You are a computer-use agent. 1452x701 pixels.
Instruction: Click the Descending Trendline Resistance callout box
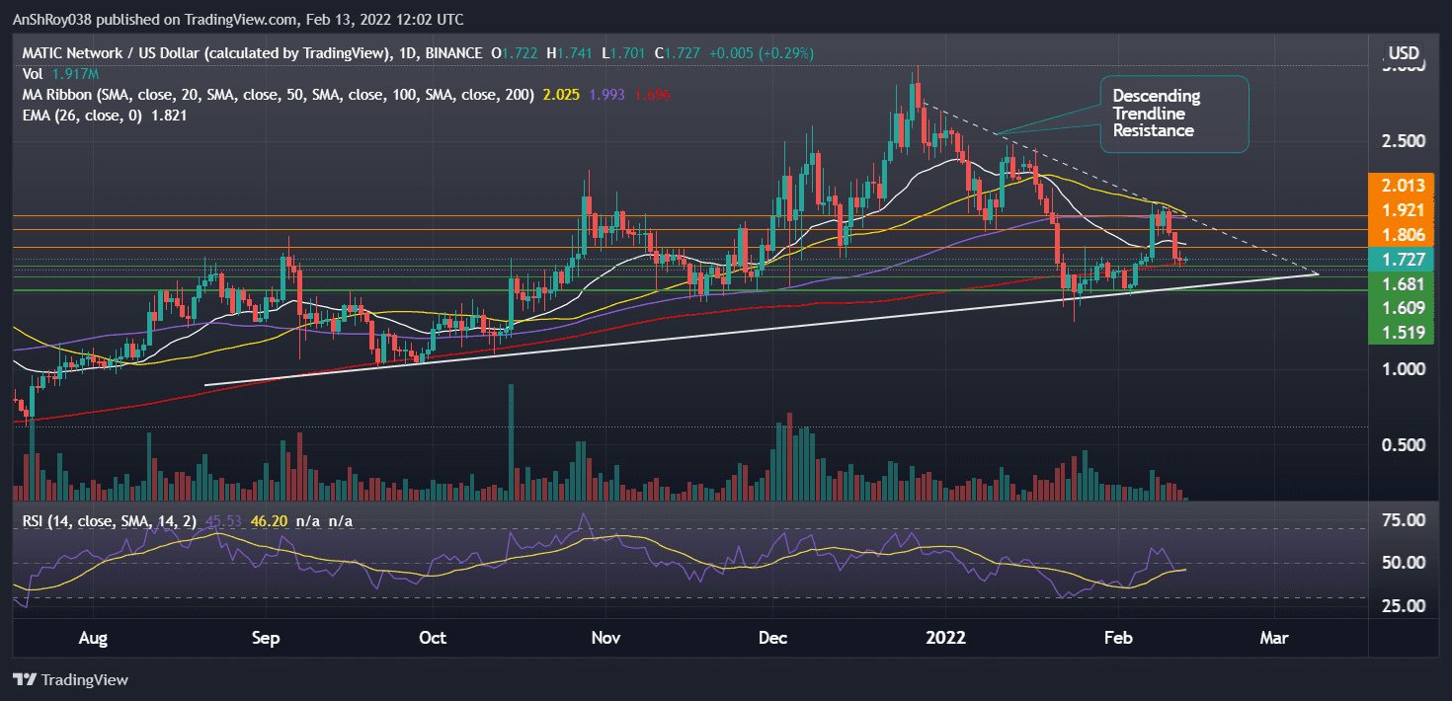(x=1173, y=114)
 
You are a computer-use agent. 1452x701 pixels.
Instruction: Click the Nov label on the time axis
(x=605, y=639)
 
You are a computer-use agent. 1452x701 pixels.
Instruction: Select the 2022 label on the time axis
(x=944, y=639)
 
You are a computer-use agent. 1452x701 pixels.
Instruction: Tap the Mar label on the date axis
(x=1274, y=639)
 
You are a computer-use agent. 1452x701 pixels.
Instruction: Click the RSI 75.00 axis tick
(x=1404, y=520)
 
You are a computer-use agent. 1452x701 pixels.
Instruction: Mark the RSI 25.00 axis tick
(x=1404, y=606)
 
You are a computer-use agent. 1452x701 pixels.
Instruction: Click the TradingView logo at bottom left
(x=70, y=680)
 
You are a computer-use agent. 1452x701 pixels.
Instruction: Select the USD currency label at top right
(x=1404, y=52)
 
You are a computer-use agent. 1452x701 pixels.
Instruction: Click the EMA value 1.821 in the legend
(x=167, y=116)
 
